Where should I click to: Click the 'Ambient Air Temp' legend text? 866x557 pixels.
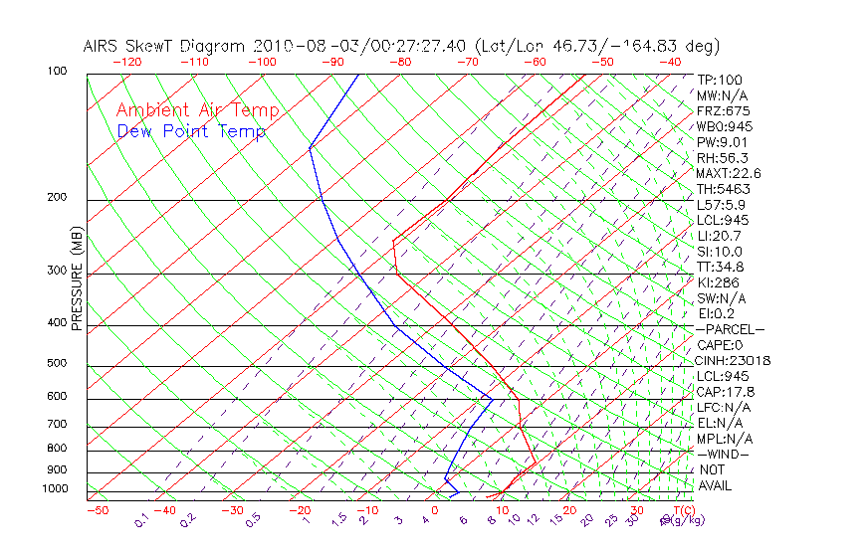198,110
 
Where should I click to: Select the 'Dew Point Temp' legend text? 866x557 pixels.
191,131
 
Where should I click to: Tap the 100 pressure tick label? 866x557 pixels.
57,72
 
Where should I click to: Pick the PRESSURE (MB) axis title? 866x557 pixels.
77,279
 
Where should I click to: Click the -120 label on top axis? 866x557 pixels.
126,62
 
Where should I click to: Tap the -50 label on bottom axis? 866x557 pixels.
97,510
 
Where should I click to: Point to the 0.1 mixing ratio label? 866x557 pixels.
142,520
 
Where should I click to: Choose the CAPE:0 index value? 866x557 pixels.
721,345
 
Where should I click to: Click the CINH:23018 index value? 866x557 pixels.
734,361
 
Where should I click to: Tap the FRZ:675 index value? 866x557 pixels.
724,110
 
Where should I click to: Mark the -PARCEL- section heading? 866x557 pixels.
731,329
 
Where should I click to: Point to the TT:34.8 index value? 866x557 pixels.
721,267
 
